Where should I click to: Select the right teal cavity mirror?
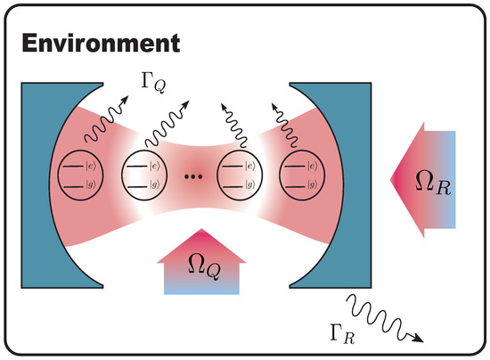[339, 178]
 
